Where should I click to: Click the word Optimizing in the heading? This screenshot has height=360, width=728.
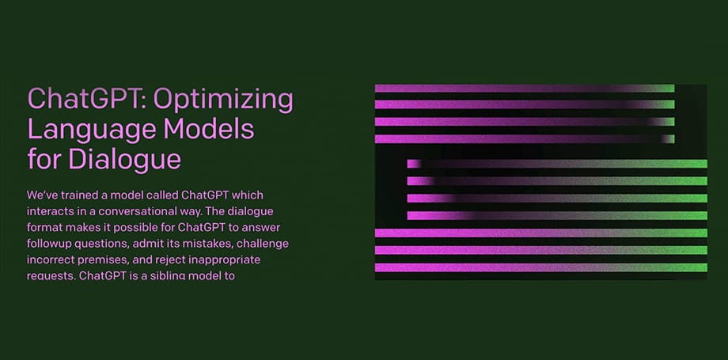click(x=223, y=100)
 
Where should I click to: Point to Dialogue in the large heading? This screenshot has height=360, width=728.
click(x=124, y=158)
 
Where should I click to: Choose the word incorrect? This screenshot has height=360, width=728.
click(x=47, y=260)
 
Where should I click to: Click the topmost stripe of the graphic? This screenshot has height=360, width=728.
click(x=525, y=89)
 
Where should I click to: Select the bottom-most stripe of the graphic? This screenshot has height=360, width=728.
click(x=541, y=267)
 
